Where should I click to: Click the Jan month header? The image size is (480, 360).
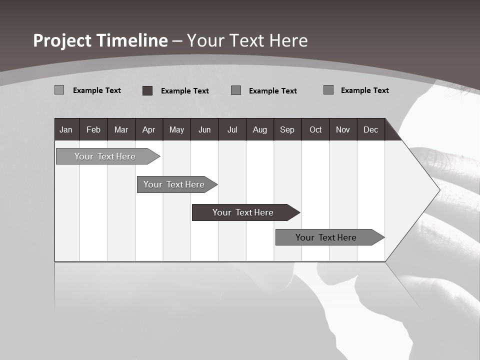[66, 129]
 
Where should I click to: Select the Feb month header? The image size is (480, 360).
[93, 129]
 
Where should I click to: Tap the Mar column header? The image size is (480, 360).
[121, 129]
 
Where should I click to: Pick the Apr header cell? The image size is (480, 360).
[149, 129]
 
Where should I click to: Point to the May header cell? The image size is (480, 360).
[176, 129]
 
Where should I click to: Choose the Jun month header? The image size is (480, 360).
[204, 129]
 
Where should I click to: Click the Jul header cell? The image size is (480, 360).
[232, 129]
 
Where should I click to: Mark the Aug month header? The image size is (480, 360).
[260, 129]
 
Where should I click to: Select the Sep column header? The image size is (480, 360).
[287, 129]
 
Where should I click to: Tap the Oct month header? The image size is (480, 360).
[315, 129]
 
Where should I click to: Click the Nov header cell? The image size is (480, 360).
[343, 129]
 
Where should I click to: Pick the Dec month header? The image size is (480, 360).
[371, 129]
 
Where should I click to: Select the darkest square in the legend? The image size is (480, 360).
[147, 90]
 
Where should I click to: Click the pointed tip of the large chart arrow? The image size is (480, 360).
[438, 190]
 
